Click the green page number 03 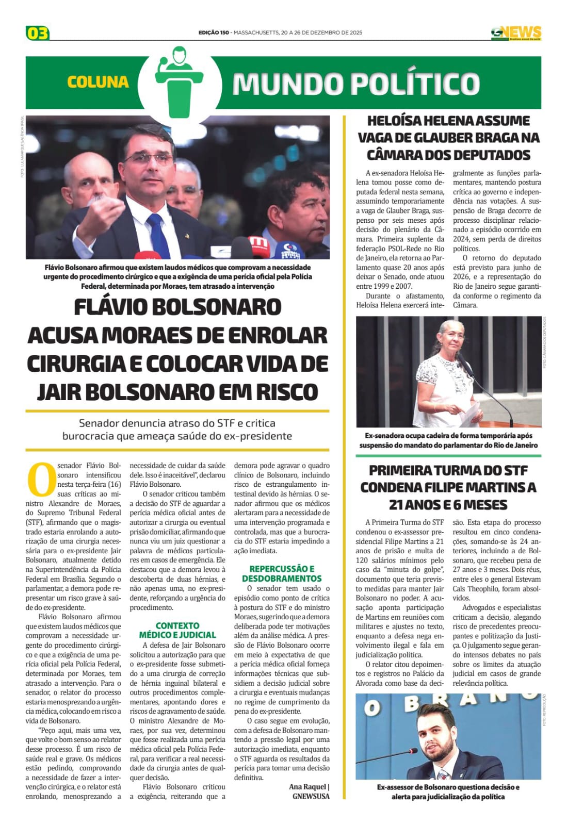[x=37, y=34]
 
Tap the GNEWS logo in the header [x=516, y=32]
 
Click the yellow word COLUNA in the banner [x=98, y=82]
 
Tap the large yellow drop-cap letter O [x=41, y=479]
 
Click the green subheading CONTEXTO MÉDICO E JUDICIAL [x=177, y=630]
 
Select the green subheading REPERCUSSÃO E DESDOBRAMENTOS [x=282, y=573]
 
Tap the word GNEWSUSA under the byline [x=311, y=796]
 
